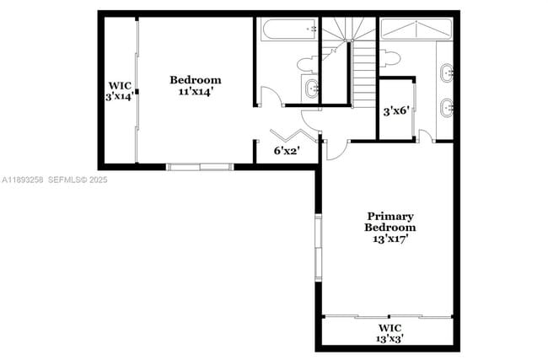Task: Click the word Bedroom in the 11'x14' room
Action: (x=195, y=80)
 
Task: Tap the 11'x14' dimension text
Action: (x=195, y=91)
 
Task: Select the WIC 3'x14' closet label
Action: (x=118, y=90)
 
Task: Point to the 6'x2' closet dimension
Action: (x=287, y=152)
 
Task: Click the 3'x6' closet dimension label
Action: (x=395, y=110)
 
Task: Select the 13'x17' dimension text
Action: (x=390, y=239)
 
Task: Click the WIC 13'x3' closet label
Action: (x=390, y=333)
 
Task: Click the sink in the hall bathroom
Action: (x=310, y=87)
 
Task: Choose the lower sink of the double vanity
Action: (x=448, y=107)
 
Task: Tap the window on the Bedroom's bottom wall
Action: (x=200, y=166)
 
